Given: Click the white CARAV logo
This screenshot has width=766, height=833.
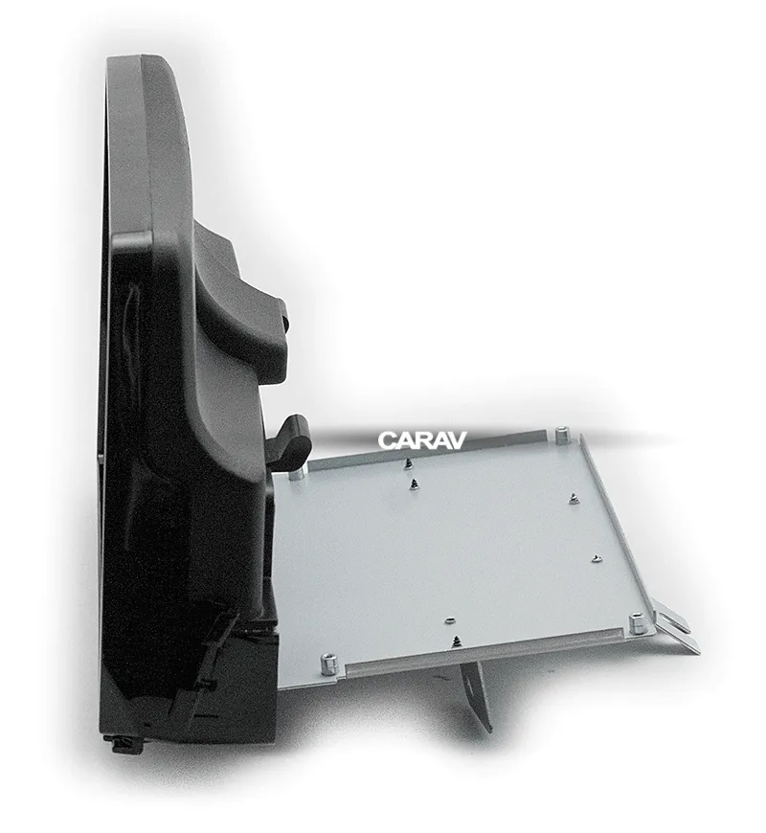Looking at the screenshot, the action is point(422,439).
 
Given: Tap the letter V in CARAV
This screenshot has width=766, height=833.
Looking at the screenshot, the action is point(458,439).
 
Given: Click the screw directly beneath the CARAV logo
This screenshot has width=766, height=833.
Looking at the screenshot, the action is point(408,463).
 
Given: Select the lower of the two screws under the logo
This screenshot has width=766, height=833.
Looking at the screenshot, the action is point(413,484).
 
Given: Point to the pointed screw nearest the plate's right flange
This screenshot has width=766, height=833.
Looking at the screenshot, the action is point(574,498).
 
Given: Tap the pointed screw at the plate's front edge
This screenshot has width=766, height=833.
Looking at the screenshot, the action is point(457,642).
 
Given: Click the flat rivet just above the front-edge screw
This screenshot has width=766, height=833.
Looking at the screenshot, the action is point(450,620).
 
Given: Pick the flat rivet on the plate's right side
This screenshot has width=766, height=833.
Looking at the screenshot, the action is point(597,557).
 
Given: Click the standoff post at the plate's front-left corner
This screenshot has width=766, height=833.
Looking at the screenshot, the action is point(327,664).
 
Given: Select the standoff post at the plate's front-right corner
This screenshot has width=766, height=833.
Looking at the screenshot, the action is point(635,623).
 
